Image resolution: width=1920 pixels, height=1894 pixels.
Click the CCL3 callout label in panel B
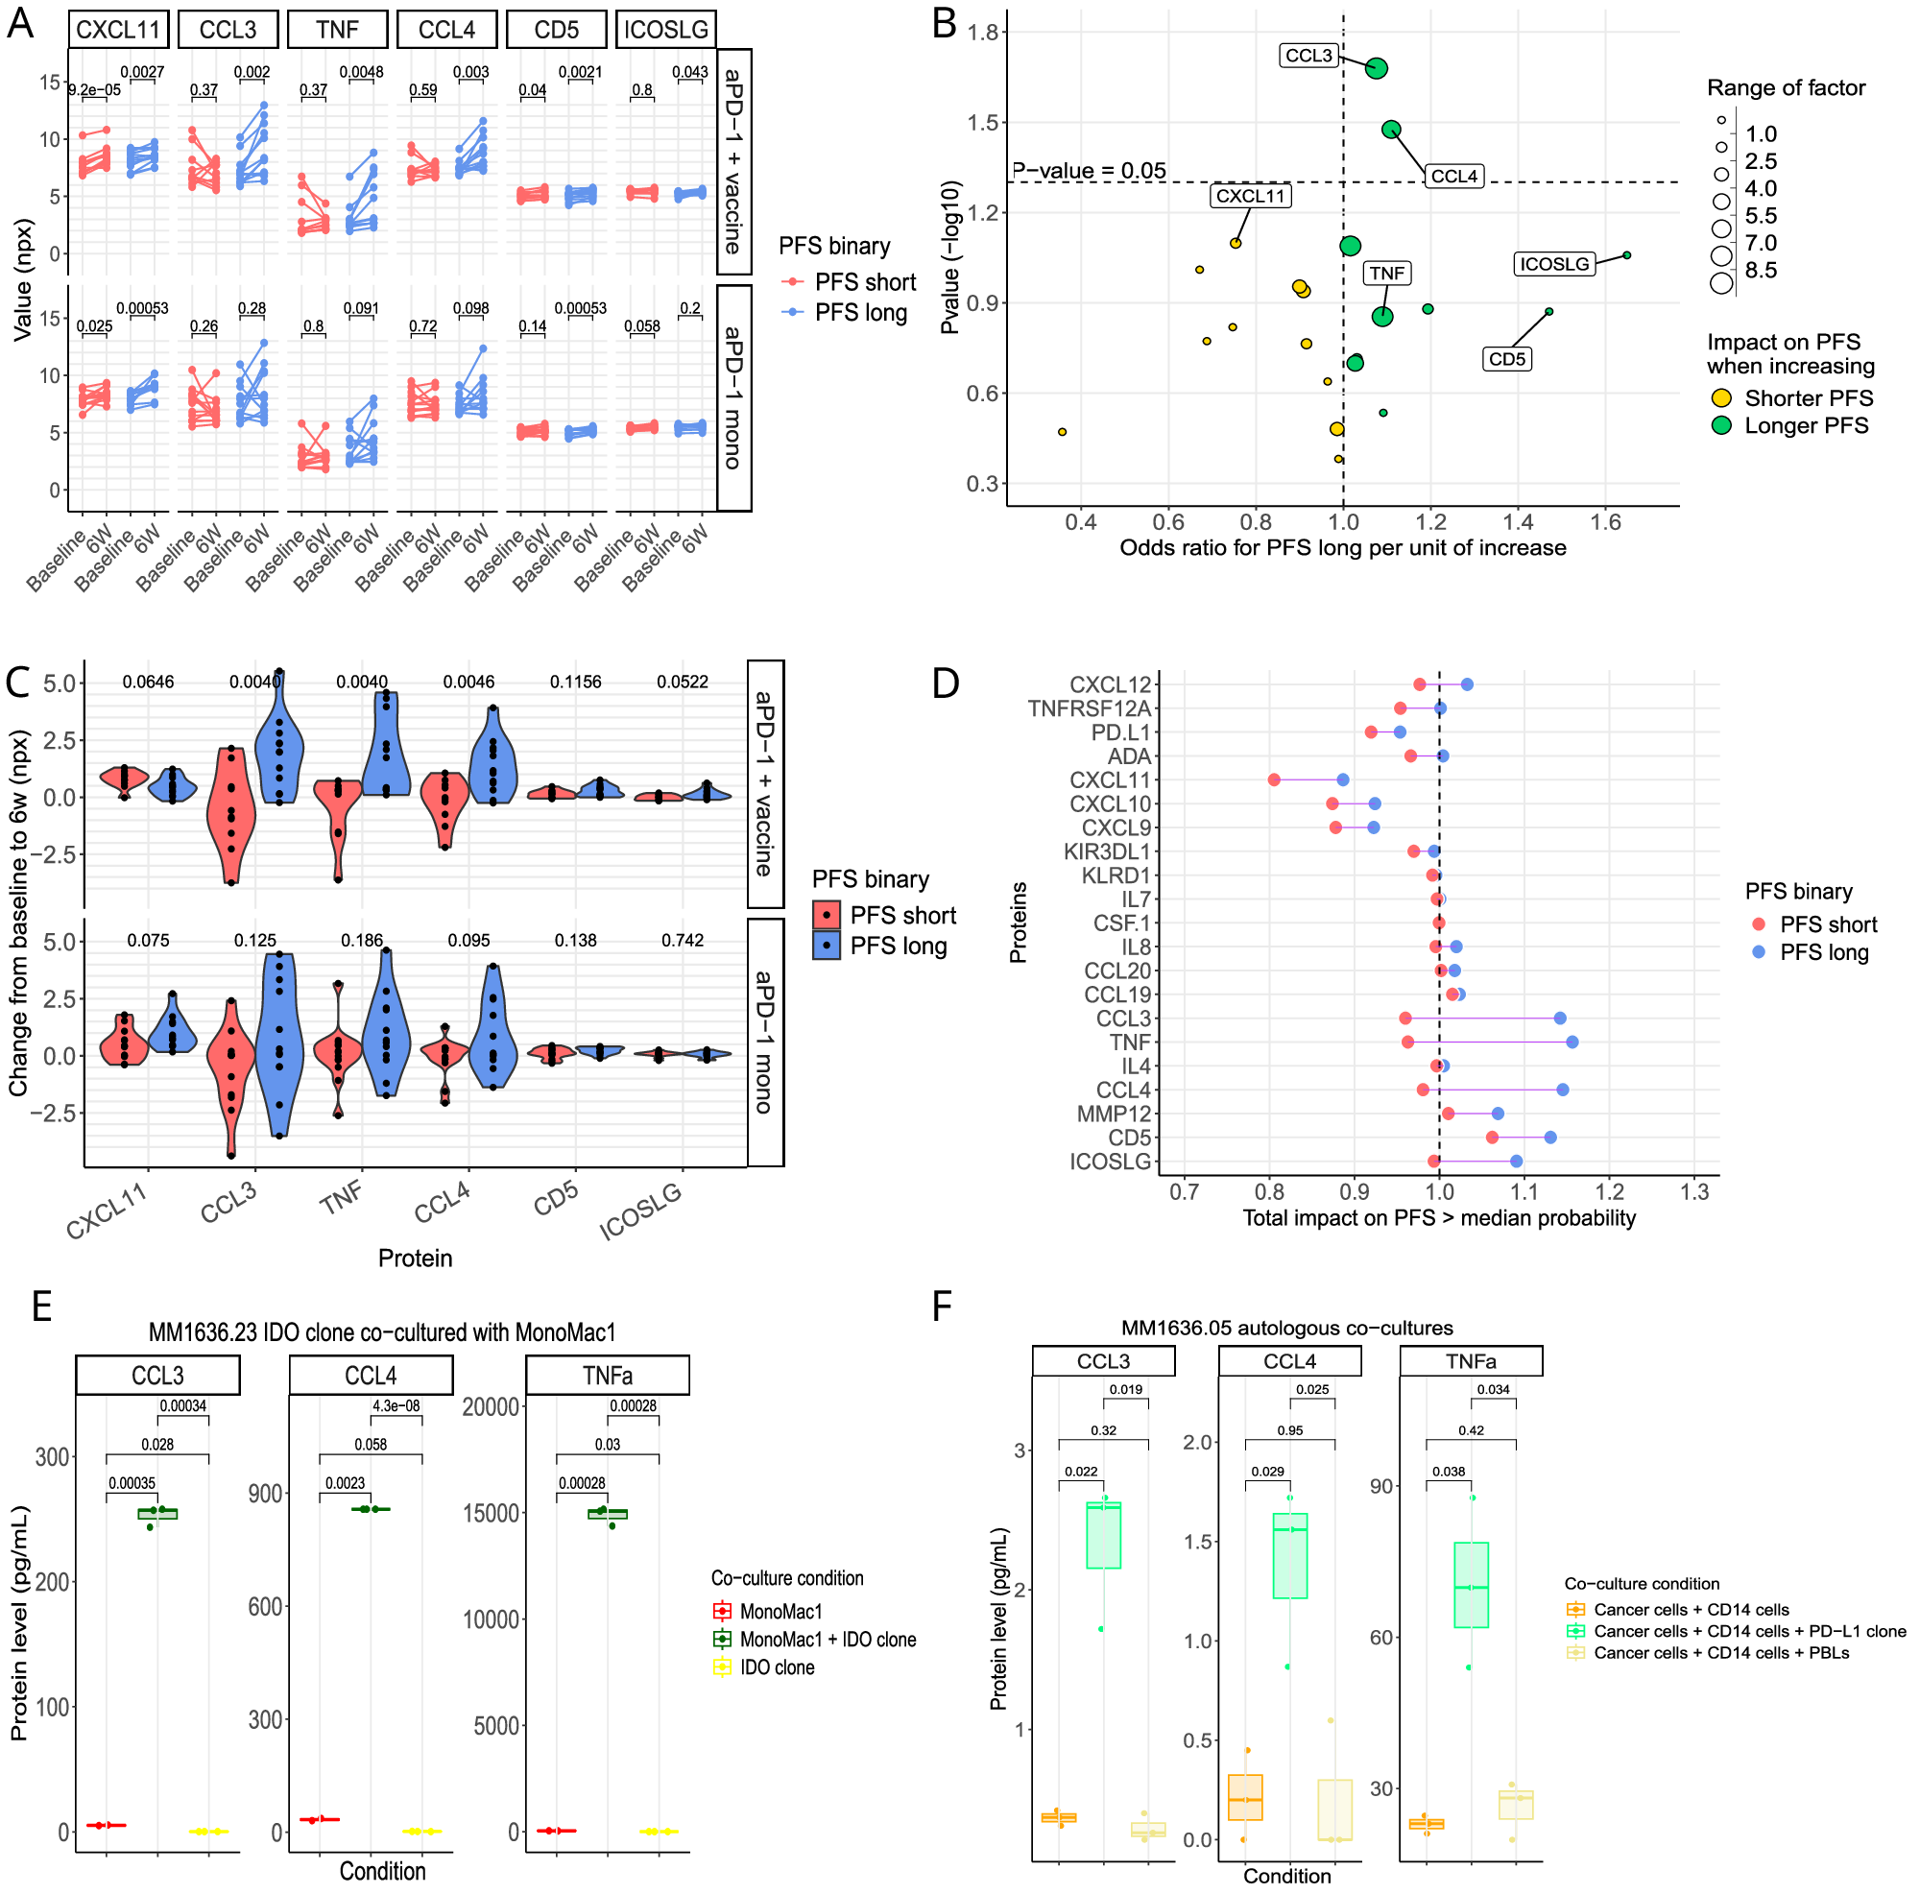pyautogui.click(x=1308, y=56)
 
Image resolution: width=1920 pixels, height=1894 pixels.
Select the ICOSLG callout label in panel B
pyautogui.click(x=1554, y=264)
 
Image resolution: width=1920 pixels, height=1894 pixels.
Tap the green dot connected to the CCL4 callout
pyautogui.click(x=1391, y=130)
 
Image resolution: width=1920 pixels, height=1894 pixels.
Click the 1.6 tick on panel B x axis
pyautogui.click(x=1605, y=522)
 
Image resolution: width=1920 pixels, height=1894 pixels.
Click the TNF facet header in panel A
pyautogui.click(x=337, y=30)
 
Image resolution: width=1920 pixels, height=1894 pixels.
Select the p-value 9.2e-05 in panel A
pyautogui.click(x=94, y=90)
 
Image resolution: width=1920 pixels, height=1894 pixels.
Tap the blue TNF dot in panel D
pyautogui.click(x=1572, y=1043)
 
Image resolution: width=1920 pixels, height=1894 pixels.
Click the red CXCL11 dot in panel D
pyautogui.click(x=1274, y=780)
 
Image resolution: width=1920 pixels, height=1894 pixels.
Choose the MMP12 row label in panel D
pyautogui.click(x=1113, y=1114)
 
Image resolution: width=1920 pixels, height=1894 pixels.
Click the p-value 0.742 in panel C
pyautogui.click(x=682, y=940)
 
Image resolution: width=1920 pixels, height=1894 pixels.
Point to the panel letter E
pyautogui.click(x=40, y=1307)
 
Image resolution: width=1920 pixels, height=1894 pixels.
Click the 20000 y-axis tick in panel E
pyautogui.click(x=491, y=1407)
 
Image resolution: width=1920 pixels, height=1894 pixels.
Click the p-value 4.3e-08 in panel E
pyautogui.click(x=396, y=1406)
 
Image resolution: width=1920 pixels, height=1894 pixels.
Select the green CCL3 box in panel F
pyautogui.click(x=1103, y=1535)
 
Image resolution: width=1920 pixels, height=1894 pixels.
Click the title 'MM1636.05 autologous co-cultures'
pyautogui.click(x=1287, y=1328)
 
